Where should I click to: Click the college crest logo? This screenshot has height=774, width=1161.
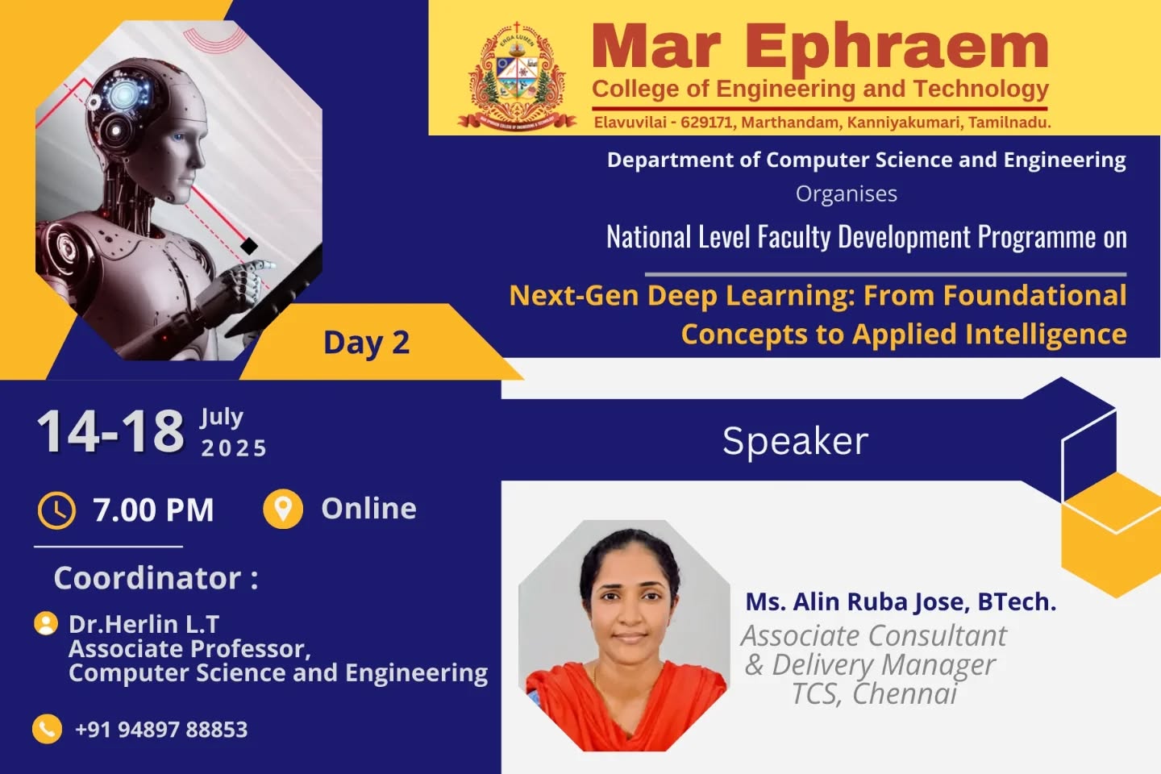click(x=517, y=77)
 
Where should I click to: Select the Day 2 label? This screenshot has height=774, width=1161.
click(x=366, y=343)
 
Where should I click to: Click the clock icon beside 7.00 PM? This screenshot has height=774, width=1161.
click(x=56, y=510)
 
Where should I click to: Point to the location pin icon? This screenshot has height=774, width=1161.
click(x=282, y=509)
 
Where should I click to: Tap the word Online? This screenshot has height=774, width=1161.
click(x=368, y=509)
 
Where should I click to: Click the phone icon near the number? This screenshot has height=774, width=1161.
click(x=47, y=729)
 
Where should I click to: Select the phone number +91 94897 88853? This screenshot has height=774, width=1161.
click(x=162, y=730)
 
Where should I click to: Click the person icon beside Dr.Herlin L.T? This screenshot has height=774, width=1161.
click(x=46, y=624)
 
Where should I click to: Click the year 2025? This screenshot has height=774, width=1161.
click(x=234, y=448)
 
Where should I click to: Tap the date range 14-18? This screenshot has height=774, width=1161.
click(x=110, y=431)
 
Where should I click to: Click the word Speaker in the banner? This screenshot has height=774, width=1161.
click(x=795, y=442)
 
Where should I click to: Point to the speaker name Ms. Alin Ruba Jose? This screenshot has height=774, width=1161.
click(x=857, y=602)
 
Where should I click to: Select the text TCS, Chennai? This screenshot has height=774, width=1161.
click(x=874, y=693)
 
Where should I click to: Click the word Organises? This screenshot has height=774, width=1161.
click(x=847, y=194)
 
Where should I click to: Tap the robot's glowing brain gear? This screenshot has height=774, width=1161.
click(x=123, y=95)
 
